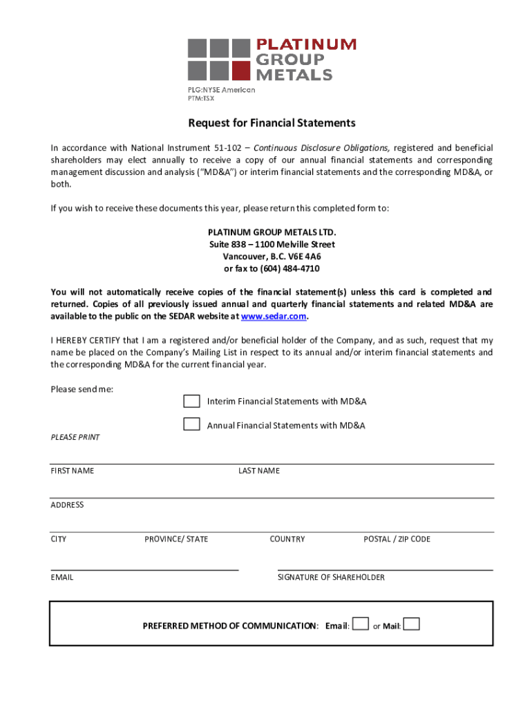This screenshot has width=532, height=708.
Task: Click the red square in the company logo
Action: click(240, 71)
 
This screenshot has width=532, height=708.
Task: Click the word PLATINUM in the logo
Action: click(307, 45)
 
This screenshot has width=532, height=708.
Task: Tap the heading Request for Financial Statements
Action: click(272, 123)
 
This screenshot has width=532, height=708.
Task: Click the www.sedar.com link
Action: click(273, 316)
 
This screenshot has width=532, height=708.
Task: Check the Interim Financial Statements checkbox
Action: click(191, 401)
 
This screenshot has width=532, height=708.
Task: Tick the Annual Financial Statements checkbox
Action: click(191, 425)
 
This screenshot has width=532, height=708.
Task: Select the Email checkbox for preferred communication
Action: click(360, 624)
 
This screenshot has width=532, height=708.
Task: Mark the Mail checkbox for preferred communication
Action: click(411, 624)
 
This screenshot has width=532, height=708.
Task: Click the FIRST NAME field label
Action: click(73, 471)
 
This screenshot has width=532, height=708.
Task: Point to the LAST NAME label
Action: click(259, 471)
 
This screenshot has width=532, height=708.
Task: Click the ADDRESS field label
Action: click(67, 505)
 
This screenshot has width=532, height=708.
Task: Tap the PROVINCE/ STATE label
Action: click(176, 539)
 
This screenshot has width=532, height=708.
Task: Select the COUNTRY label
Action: click(287, 539)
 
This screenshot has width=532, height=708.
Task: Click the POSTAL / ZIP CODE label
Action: click(397, 539)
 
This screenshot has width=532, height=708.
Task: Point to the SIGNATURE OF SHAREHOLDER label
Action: click(331, 577)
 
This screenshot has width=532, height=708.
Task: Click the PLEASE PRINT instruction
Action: click(75, 437)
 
